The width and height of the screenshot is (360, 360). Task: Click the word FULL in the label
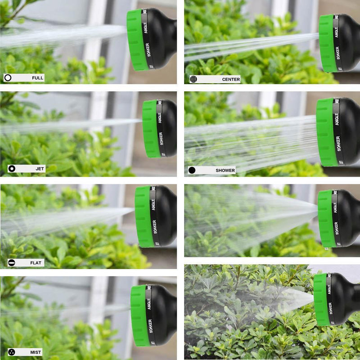(x=37, y=78)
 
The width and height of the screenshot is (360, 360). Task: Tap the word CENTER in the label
(x=231, y=79)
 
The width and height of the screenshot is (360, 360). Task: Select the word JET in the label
(x=40, y=169)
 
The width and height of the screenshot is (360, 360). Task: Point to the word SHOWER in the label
(x=225, y=171)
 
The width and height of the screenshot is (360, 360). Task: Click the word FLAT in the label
(x=36, y=263)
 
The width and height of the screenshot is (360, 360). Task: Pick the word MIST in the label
(x=36, y=352)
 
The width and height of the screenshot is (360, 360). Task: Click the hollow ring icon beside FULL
(x=8, y=78)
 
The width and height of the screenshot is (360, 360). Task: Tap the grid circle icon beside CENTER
(x=193, y=79)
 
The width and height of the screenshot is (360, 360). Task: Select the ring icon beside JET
(x=12, y=169)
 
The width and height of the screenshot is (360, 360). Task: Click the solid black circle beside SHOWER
(x=192, y=171)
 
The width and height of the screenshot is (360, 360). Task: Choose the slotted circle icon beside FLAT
(x=11, y=263)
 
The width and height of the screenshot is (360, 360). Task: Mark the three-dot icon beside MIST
(x=12, y=352)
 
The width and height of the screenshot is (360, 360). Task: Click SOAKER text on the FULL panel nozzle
(x=148, y=49)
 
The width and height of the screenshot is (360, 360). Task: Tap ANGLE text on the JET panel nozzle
(x=160, y=117)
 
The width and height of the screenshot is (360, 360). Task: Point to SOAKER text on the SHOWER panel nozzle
(x=338, y=144)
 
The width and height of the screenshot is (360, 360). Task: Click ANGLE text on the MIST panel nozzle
(x=149, y=303)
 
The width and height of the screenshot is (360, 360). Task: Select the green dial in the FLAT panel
(x=143, y=216)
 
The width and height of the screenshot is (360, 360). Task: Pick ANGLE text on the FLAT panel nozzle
(x=153, y=204)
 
